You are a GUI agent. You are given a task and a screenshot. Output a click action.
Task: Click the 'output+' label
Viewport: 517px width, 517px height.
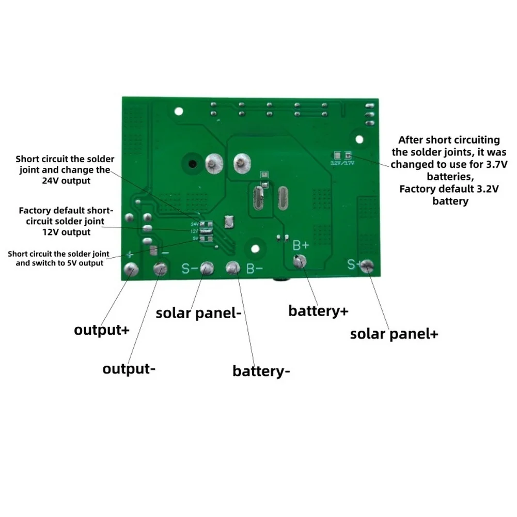click(x=101, y=330)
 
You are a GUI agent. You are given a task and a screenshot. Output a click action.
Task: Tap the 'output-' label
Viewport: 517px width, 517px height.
click(x=129, y=369)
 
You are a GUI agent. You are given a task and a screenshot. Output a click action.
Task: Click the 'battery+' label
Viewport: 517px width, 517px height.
click(x=318, y=311)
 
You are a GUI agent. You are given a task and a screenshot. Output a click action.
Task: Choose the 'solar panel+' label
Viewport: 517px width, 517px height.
click(x=394, y=333)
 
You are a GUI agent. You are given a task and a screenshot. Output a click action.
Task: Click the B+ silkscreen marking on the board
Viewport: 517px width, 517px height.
click(x=301, y=244)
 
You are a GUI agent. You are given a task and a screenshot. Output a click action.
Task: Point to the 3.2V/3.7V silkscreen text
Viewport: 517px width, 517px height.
click(x=341, y=163)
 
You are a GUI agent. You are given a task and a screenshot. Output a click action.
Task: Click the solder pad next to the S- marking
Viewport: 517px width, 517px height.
click(x=207, y=268)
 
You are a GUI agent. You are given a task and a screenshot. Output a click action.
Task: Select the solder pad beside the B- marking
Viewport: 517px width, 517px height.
click(x=233, y=268)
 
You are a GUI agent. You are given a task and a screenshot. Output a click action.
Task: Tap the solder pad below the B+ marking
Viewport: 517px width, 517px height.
click(x=299, y=262)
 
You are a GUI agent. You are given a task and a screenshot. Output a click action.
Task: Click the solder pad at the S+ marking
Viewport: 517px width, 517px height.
click(x=367, y=266)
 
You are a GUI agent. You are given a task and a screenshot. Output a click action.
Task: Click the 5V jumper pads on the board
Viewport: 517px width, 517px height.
click(x=206, y=239)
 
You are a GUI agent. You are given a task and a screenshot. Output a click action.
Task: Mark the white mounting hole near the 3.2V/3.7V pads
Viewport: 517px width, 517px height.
click(x=358, y=138)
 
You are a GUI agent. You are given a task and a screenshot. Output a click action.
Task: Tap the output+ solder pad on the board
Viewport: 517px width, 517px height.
click(x=130, y=269)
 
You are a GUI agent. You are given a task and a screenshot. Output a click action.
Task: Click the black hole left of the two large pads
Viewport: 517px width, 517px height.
click(x=192, y=165)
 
